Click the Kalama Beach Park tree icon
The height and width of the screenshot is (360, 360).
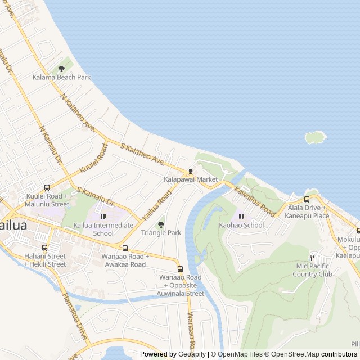[61, 69]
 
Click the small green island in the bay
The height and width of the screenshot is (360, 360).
[316, 137]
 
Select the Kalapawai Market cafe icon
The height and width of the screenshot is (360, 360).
[191, 171]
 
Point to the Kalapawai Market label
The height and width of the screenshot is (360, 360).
[191, 179]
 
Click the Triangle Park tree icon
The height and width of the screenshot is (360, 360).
[161, 224]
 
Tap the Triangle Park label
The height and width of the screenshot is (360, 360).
[161, 232]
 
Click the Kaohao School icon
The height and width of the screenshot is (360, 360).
[241, 217]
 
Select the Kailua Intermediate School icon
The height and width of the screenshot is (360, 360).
[103, 217]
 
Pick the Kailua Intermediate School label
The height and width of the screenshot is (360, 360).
[103, 229]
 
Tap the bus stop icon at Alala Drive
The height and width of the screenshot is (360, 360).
[307, 199]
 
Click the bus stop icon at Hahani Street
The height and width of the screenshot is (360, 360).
[44, 247]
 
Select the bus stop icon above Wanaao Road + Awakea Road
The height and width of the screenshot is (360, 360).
[125, 248]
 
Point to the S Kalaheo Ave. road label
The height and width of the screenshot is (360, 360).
[142, 154]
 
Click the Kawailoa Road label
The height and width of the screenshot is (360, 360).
[255, 202]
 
